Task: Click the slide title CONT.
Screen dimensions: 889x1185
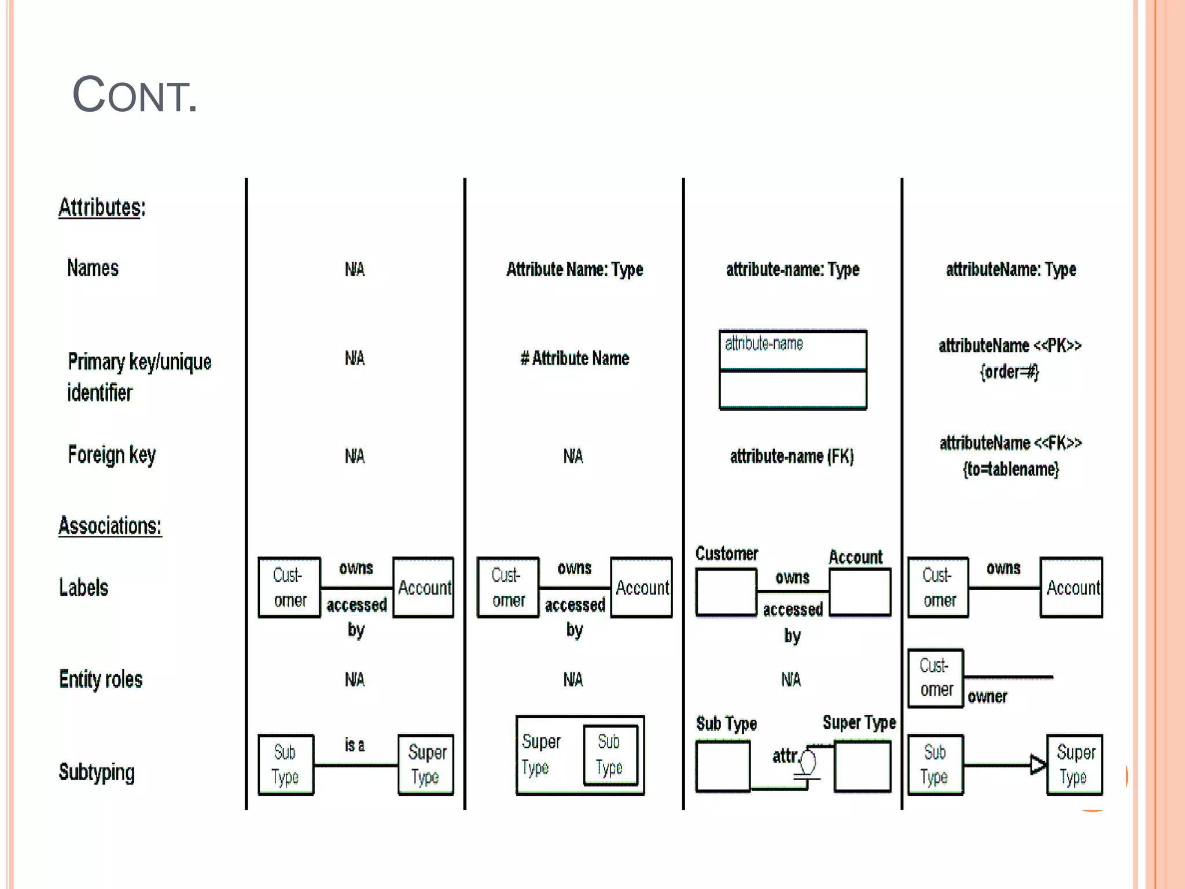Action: (x=134, y=95)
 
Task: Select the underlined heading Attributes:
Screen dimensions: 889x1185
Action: (x=102, y=207)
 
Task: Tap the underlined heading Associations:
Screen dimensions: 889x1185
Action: (x=110, y=526)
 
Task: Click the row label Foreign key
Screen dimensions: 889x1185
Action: (x=112, y=455)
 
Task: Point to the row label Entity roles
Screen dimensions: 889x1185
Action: (x=101, y=679)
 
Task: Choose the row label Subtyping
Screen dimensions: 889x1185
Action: (x=97, y=772)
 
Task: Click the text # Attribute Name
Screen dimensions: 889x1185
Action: (x=575, y=358)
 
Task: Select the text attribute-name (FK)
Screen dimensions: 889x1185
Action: (x=792, y=457)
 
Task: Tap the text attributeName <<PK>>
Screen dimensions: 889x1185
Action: (x=1010, y=346)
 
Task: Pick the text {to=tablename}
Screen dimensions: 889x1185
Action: (x=1011, y=469)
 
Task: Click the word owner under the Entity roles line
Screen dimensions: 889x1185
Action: (x=987, y=696)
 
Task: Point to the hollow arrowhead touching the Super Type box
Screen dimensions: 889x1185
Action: (x=1039, y=765)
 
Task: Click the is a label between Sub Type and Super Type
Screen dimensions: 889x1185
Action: (x=355, y=745)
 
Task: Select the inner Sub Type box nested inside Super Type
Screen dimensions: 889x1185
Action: (x=610, y=754)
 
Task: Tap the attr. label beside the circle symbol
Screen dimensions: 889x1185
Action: (x=785, y=756)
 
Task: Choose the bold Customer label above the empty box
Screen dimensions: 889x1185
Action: (x=726, y=554)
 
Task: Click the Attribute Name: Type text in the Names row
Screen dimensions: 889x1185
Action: (x=575, y=269)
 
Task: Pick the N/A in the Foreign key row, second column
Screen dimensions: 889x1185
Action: (x=573, y=457)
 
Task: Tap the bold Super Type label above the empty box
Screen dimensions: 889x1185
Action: (x=859, y=722)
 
